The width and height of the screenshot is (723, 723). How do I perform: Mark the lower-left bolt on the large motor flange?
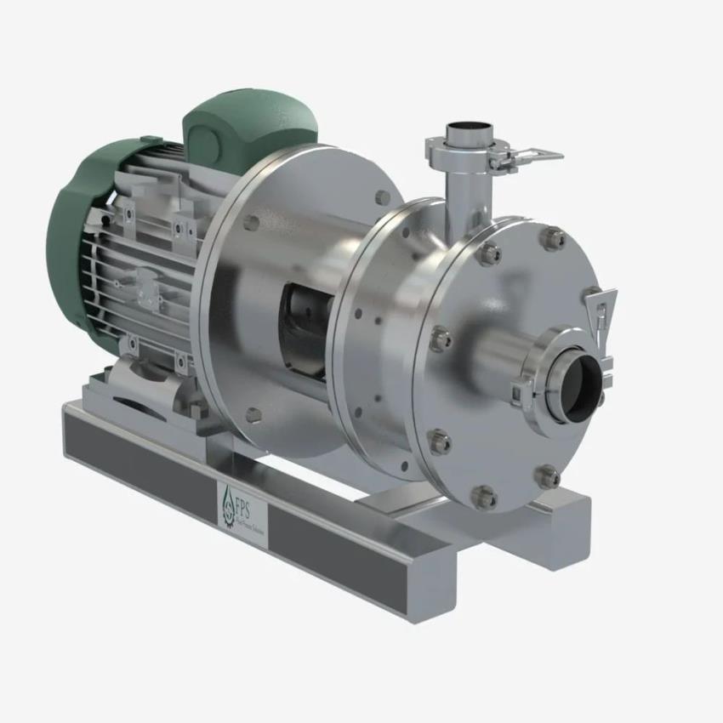coord(253,414)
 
